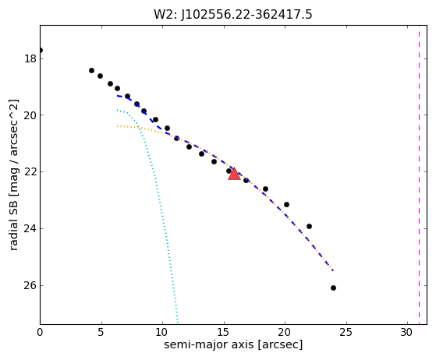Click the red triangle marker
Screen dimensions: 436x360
coord(234,174)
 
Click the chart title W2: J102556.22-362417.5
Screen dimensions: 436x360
coord(233,14)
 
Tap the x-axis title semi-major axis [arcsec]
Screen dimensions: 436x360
coord(233,344)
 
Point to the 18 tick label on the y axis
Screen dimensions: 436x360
coord(30,59)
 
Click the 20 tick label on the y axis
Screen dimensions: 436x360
coord(30,115)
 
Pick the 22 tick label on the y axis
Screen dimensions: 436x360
coord(30,172)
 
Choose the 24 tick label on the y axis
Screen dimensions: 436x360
coord(30,229)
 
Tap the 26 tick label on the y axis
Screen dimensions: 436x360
coord(30,285)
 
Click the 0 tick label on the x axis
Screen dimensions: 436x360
coord(40,332)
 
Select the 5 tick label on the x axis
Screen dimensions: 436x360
coord(101,332)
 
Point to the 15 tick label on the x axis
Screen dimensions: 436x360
coord(224,332)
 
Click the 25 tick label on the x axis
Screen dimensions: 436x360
coord(346,332)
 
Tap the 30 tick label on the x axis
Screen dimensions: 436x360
coord(407,332)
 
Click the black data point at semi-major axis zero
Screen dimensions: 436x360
coord(41,51)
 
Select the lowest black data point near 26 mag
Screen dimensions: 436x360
coord(333,288)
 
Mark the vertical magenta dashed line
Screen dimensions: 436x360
coord(419,175)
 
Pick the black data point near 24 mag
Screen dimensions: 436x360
coord(309,227)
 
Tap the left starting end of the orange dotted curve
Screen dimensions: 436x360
coord(117,126)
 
